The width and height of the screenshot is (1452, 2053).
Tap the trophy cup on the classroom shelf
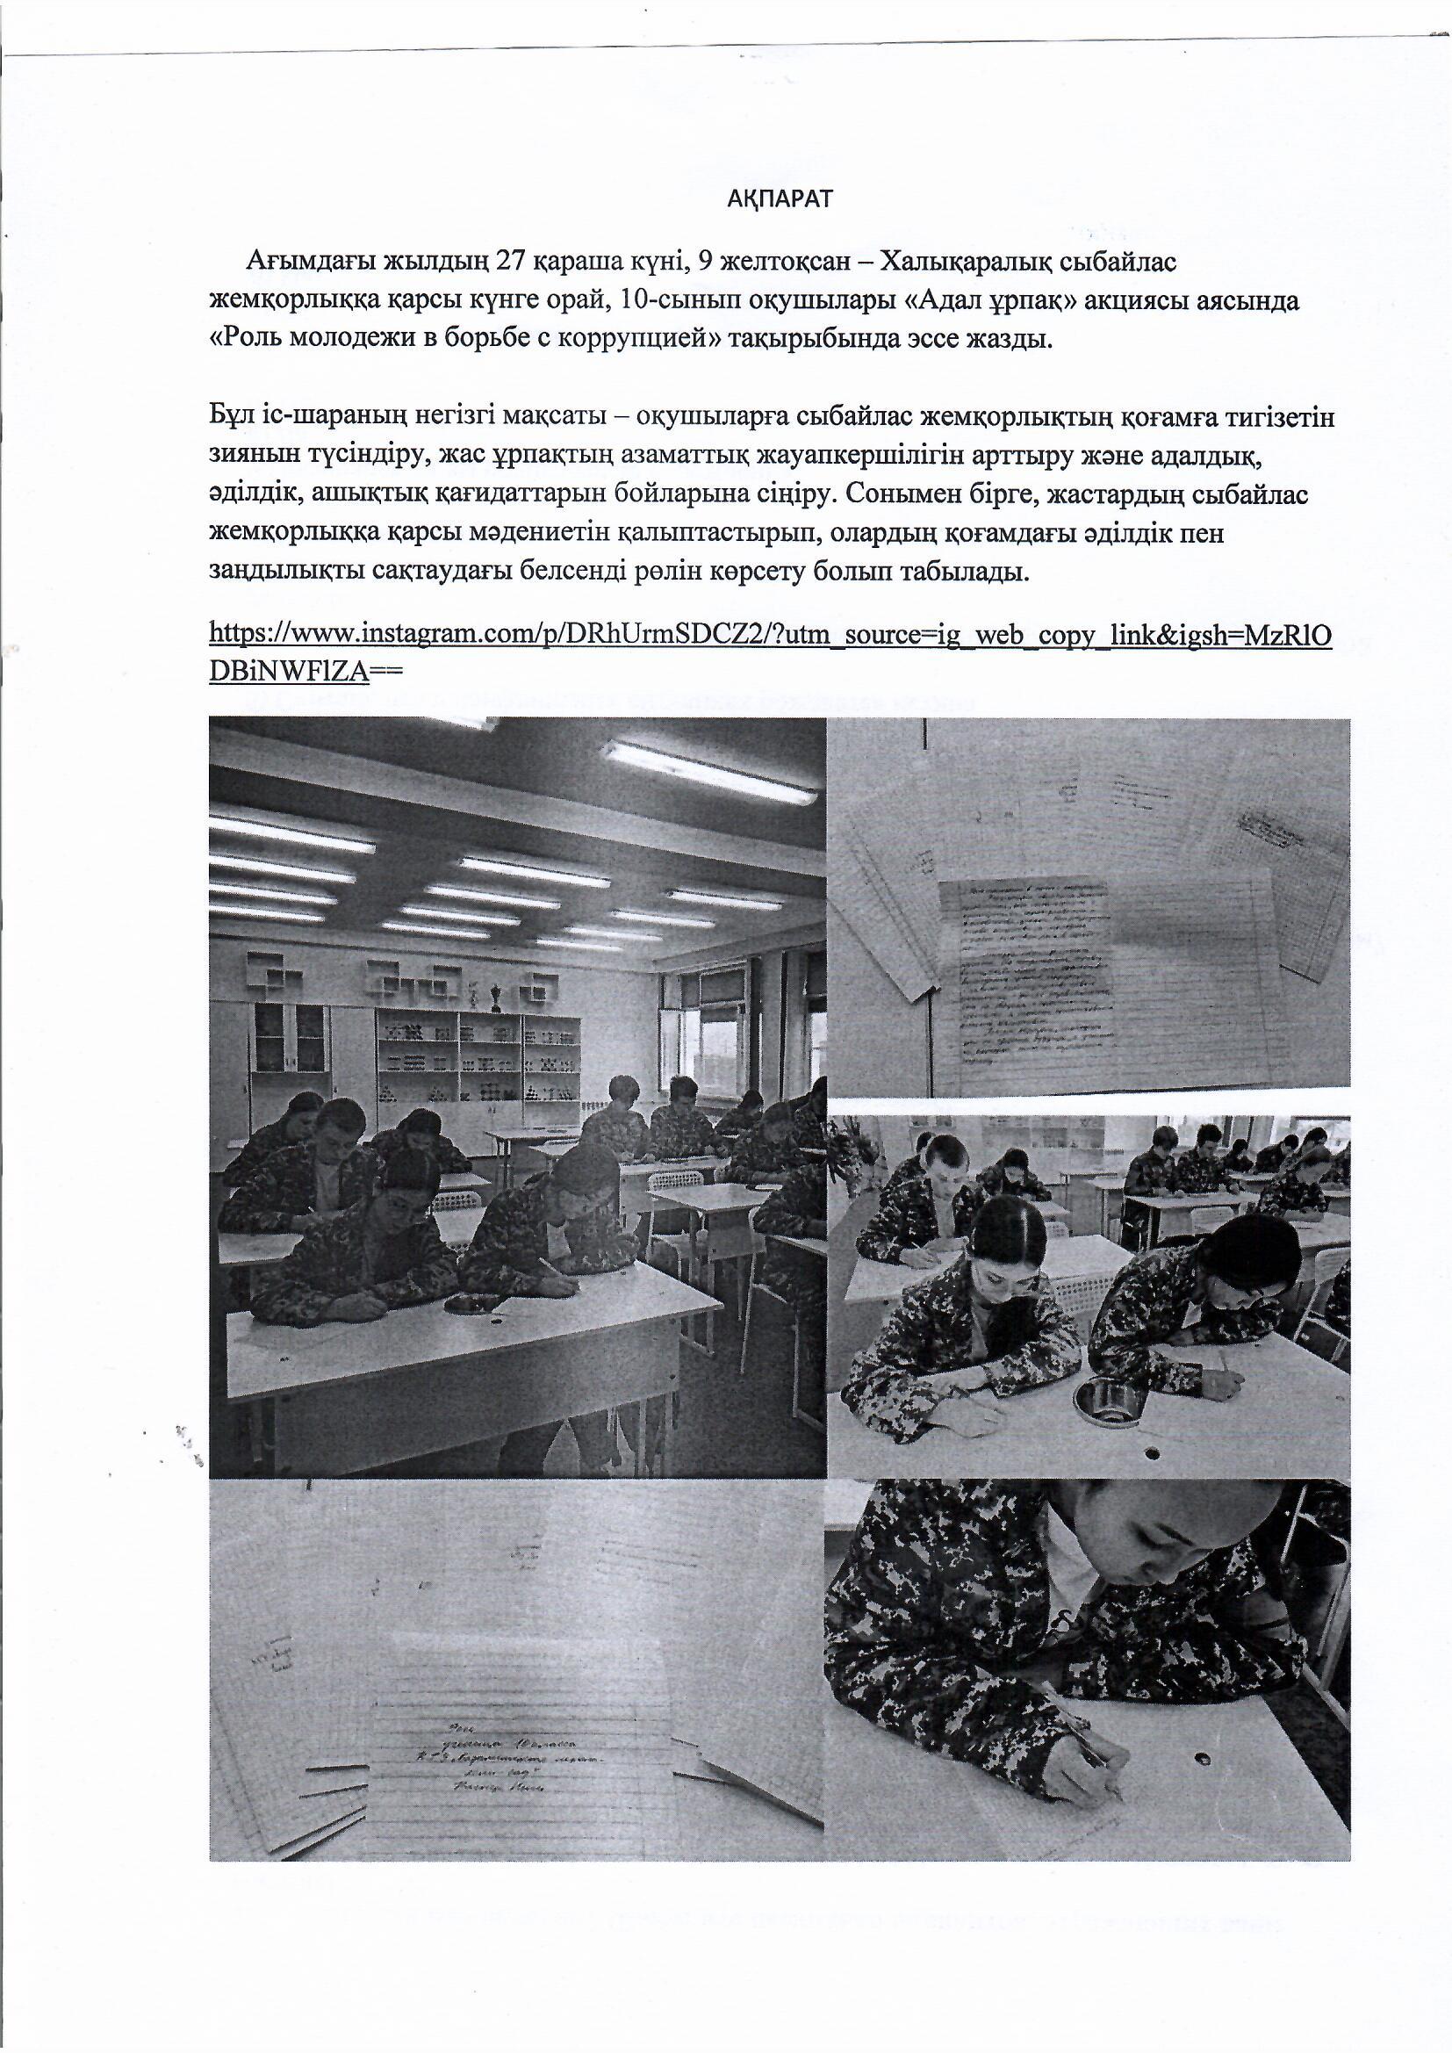[x=496, y=995]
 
